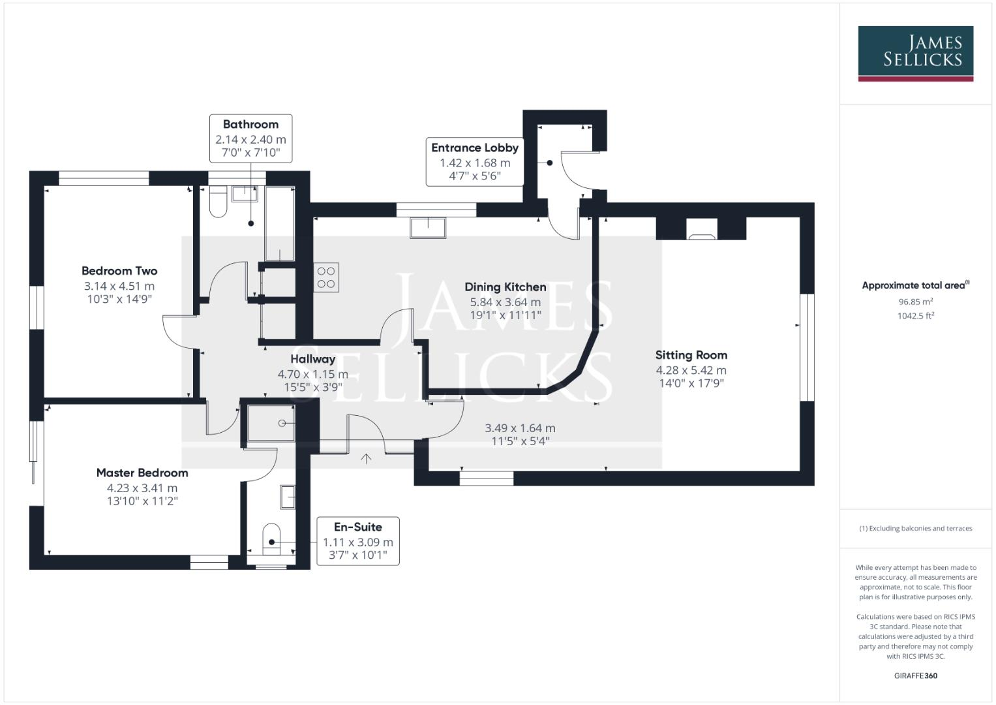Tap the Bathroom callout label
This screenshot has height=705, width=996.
(x=250, y=125)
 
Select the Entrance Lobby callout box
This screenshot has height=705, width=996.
(x=474, y=162)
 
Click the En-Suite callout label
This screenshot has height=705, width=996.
(x=357, y=527)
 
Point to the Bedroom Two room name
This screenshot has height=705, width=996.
(x=119, y=271)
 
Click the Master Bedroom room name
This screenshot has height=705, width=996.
(x=142, y=473)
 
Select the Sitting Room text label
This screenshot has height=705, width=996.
(x=691, y=355)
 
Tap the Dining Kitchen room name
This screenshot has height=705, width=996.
(x=505, y=287)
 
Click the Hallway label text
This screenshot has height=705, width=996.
(x=312, y=359)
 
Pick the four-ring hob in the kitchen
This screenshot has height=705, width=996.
(x=326, y=277)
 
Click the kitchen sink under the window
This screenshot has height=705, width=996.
(x=428, y=227)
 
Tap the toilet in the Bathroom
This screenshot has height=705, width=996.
(x=218, y=202)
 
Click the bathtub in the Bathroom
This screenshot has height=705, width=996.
(x=280, y=224)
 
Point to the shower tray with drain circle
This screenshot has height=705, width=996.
(x=271, y=423)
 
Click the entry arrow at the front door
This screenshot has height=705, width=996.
(x=366, y=459)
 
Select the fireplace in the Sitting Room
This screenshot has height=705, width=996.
(x=701, y=229)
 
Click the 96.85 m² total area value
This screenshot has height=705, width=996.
(x=915, y=302)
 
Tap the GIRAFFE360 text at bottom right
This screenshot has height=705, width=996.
(x=915, y=676)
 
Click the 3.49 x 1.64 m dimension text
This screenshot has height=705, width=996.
(x=520, y=428)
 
